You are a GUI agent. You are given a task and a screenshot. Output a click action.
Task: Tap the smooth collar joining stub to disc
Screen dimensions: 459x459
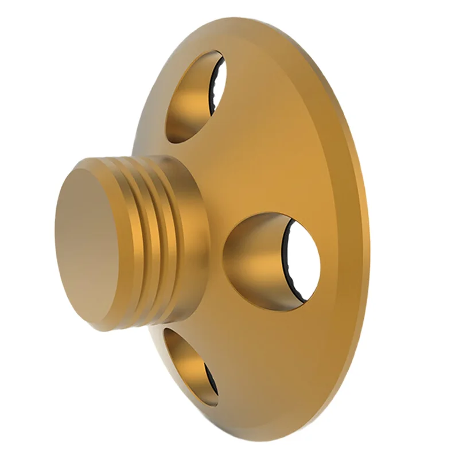tap(189, 241)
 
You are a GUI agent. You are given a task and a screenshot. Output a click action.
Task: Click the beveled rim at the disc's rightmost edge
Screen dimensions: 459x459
tap(365, 241)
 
